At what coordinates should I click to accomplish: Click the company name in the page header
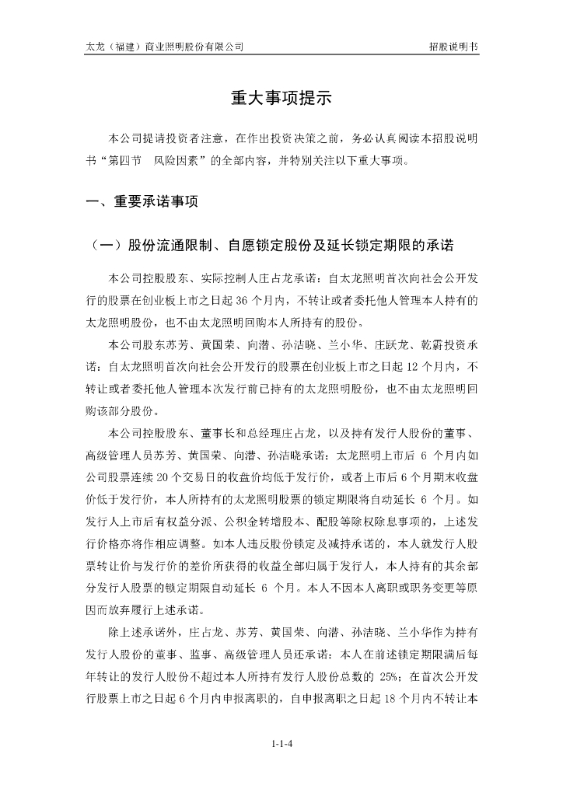pos(164,47)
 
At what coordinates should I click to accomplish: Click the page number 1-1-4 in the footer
pos(281,743)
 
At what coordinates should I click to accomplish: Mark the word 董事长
pos(215,431)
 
